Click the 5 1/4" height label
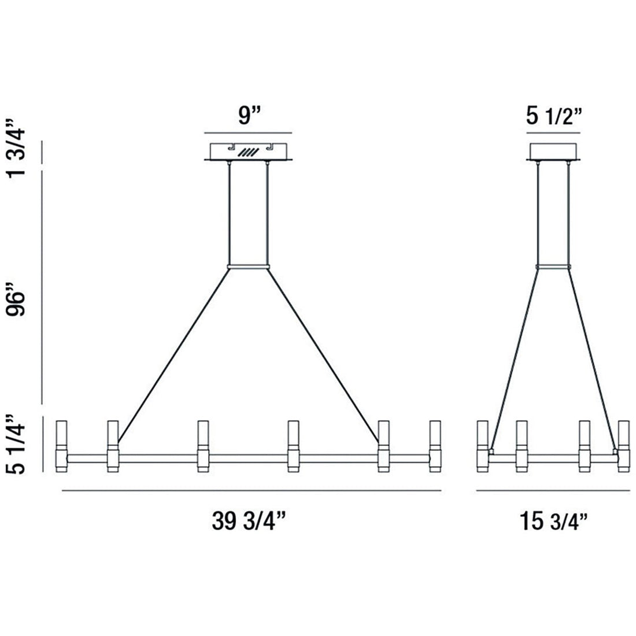pyautogui.click(x=18, y=442)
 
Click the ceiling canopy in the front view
pyautogui.click(x=249, y=152)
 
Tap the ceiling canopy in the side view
pyautogui.click(x=553, y=151)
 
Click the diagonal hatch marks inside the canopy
pyautogui.click(x=249, y=153)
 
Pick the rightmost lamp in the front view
pyautogui.click(x=435, y=446)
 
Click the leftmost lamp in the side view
pyautogui.click(x=482, y=446)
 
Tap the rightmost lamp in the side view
pyautogui.click(x=623, y=446)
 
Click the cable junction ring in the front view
pyautogui.click(x=249, y=267)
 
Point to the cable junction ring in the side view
pyautogui.click(x=553, y=267)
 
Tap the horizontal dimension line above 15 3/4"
pyautogui.click(x=553, y=491)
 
